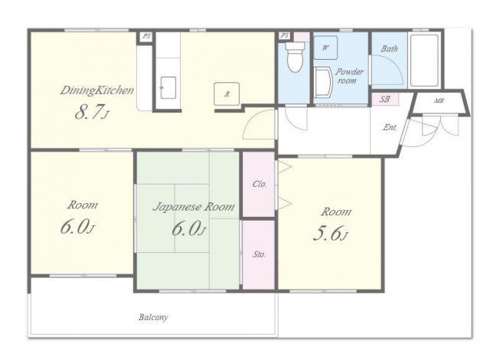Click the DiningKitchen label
(97, 90)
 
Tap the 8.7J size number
(92, 113)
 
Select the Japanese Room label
(194, 207)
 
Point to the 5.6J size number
(330, 234)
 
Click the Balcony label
(153, 318)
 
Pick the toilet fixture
(295, 57)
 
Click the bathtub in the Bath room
(424, 61)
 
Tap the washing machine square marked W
(325, 47)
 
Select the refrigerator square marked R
(227, 93)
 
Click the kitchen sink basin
(168, 88)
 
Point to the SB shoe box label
(384, 99)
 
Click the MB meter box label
(439, 101)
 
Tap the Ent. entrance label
(390, 127)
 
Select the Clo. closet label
(260, 184)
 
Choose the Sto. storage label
(259, 255)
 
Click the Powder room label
(349, 76)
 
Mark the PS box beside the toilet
(284, 36)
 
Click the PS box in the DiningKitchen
(146, 36)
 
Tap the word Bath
(390, 49)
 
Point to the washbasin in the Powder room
(323, 82)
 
